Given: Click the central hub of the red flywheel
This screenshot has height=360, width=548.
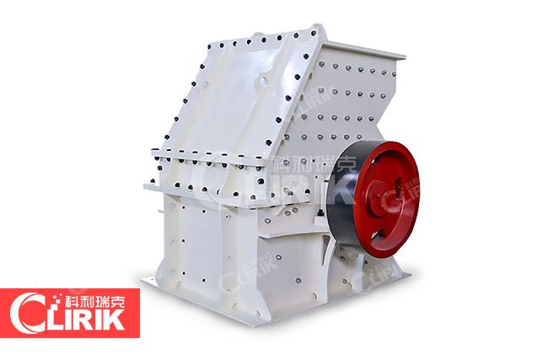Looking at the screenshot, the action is (x=379, y=197).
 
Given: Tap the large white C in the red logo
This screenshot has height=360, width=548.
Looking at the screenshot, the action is (x=26, y=313).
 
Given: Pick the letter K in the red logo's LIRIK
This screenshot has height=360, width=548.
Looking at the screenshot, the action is (x=114, y=318).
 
